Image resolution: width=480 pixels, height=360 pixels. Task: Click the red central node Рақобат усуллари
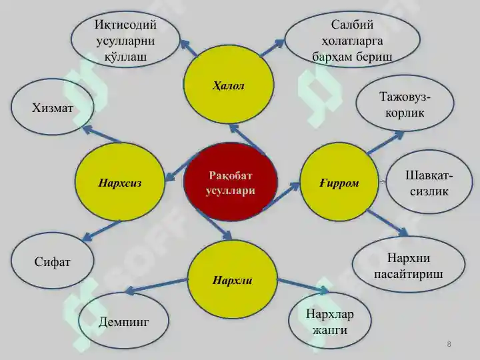coord(231,183)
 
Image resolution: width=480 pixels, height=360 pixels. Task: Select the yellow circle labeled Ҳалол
coord(229,85)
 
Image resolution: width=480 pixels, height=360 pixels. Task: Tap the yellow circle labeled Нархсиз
coord(120,182)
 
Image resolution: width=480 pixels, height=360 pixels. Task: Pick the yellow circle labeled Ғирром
coord(339,182)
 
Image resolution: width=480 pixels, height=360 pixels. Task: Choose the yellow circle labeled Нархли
coord(233,279)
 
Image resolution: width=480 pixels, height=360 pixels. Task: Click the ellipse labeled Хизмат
coord(53,107)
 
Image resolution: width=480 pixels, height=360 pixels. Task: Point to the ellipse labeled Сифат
coord(53,261)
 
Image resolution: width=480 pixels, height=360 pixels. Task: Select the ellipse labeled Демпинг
coord(124,321)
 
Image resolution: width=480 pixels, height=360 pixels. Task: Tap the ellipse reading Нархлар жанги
coord(330,321)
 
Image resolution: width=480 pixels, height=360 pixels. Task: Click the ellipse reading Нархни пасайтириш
coord(409,265)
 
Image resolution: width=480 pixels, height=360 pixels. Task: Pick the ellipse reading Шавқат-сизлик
coord(429,183)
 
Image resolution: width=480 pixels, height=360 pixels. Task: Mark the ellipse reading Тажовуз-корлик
coord(405,104)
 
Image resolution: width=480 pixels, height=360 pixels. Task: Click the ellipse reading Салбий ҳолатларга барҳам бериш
coord(353,39)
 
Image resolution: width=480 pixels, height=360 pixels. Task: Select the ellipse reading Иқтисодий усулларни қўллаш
coord(125,39)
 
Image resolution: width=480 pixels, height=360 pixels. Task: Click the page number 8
coord(449,344)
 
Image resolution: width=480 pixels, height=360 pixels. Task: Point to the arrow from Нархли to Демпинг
coord(156,285)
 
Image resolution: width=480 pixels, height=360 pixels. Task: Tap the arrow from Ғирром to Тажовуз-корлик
coord(386,143)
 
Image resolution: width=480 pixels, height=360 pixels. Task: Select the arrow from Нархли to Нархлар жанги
coord(303,286)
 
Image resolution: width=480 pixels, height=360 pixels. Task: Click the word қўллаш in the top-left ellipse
coord(125,57)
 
